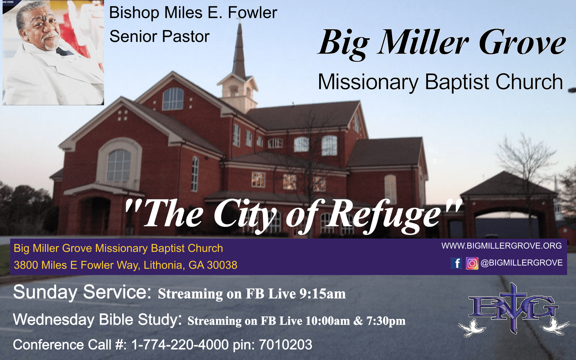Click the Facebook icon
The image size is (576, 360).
(x=456, y=263)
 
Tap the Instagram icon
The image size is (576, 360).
(x=472, y=263)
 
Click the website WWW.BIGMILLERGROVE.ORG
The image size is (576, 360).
(x=501, y=246)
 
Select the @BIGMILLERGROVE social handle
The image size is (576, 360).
(x=522, y=263)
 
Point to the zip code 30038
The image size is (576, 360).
(x=222, y=265)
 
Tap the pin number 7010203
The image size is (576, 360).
(x=285, y=345)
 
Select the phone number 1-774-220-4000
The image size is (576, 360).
(x=180, y=345)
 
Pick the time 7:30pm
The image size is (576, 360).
(x=386, y=321)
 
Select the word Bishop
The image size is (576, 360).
(x=134, y=13)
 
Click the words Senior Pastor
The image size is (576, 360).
(x=159, y=36)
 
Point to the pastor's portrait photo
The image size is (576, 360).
(x=53, y=52)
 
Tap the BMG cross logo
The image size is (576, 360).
(x=513, y=309)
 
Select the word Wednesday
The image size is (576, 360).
(x=54, y=319)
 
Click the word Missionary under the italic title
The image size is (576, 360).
(x=368, y=82)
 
